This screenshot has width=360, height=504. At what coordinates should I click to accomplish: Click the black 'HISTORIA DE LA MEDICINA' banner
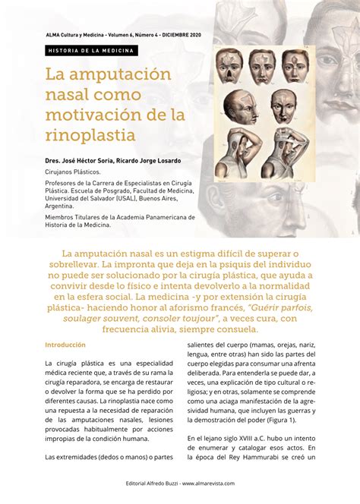coord(90,51)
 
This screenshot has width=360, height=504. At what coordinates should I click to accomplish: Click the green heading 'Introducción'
coord(65,345)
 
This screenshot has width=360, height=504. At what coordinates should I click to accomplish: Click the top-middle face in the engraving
coord(261,66)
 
